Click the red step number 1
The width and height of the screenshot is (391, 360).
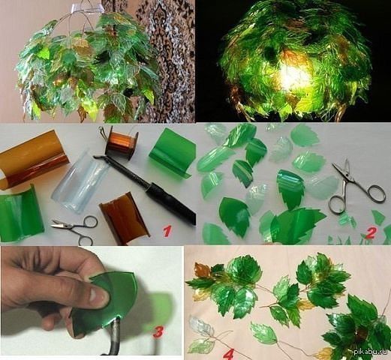point(167,231)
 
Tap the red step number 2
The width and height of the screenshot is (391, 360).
point(371,232)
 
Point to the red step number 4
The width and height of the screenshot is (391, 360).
point(229,352)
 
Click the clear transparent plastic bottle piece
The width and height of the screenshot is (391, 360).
point(80,181)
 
